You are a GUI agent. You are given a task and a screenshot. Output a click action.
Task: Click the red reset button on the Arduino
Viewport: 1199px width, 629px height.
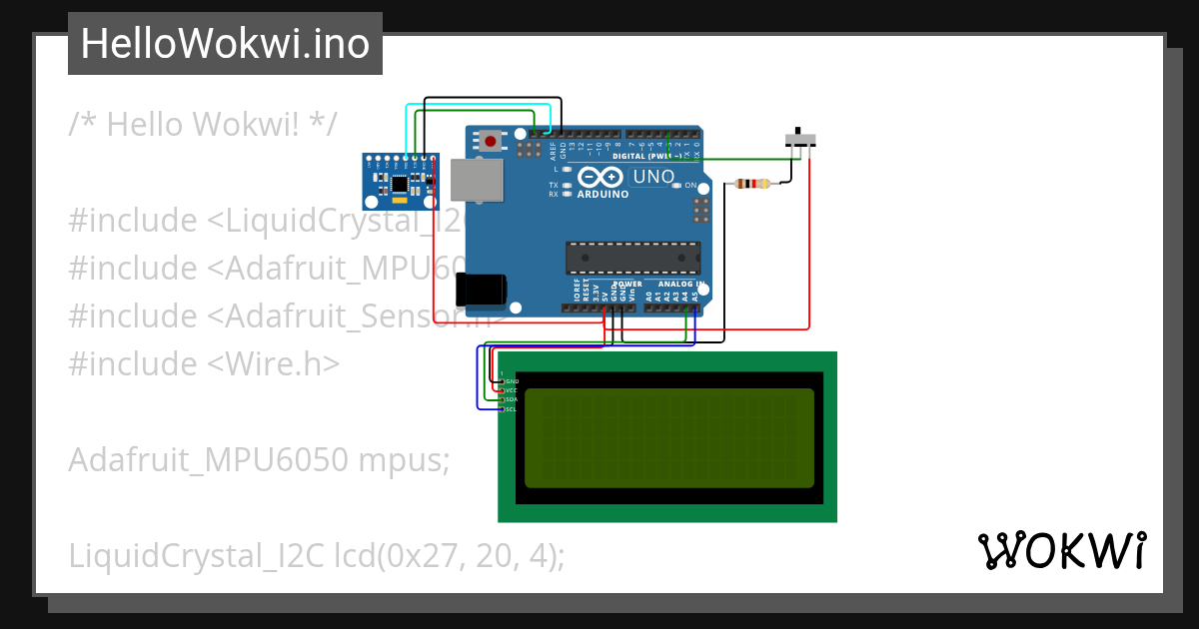(491, 142)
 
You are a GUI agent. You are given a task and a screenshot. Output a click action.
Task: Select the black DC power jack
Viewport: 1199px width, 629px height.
(480, 290)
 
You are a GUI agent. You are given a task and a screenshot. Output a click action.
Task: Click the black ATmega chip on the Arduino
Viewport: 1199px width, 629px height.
(632, 258)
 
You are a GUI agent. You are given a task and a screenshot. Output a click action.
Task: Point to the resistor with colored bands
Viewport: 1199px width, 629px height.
(751, 184)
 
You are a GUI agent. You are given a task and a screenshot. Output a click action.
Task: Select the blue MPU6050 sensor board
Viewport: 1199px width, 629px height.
(400, 181)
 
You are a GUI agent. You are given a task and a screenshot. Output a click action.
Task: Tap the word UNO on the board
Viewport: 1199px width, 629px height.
(654, 177)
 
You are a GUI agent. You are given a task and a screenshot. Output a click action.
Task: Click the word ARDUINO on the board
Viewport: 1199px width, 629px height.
(602, 195)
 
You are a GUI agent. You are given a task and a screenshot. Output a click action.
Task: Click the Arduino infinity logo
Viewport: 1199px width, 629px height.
(600, 177)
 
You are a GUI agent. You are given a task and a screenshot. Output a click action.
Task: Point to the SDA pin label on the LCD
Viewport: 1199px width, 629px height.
(511, 399)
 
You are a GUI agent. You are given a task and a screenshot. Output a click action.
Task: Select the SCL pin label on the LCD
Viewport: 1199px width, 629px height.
(511, 409)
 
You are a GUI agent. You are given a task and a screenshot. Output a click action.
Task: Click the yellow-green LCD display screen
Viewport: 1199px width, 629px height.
(668, 437)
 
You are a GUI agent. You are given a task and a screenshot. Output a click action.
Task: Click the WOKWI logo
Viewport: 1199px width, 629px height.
(1061, 550)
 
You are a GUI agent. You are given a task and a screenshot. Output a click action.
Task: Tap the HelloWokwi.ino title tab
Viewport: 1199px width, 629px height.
(225, 44)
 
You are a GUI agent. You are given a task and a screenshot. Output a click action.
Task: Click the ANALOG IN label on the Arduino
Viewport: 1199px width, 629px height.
(688, 284)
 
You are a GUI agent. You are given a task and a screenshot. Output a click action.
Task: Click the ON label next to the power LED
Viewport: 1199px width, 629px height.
(690, 186)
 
